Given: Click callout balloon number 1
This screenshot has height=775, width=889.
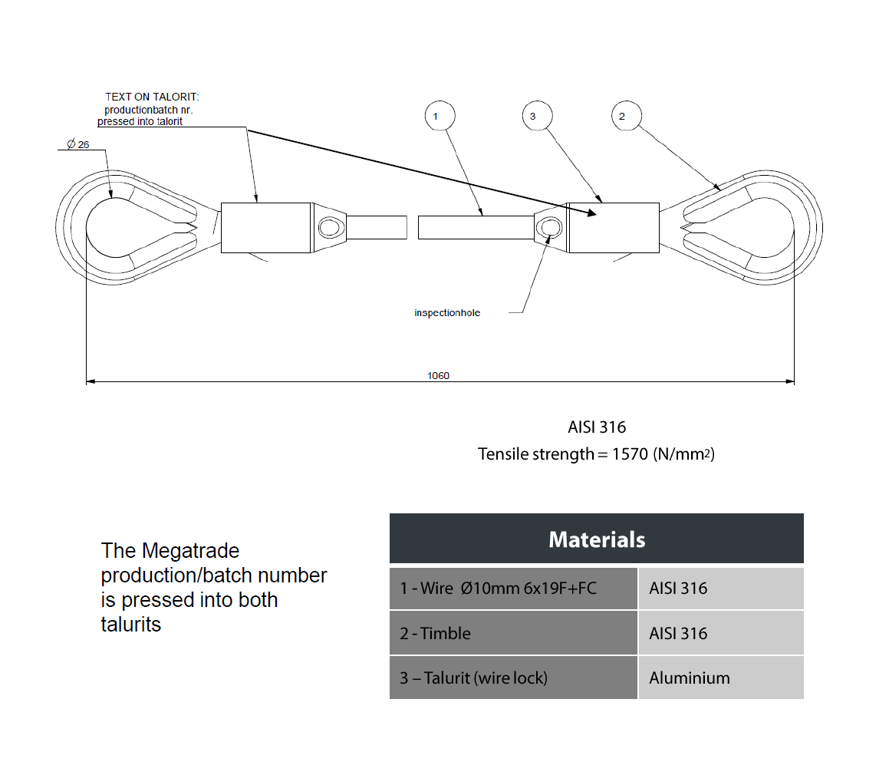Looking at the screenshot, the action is (440, 116).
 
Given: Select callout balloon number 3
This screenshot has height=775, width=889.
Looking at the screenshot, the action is (537, 116).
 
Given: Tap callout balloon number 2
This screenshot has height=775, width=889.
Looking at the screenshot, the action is (627, 116).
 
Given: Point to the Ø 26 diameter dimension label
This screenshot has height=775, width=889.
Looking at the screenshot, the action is (78, 145).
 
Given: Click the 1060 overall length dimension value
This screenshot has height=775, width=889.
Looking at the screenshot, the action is (438, 375).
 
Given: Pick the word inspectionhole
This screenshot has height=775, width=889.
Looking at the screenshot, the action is (447, 312).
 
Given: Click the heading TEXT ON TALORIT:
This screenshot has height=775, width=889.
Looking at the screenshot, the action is (152, 97).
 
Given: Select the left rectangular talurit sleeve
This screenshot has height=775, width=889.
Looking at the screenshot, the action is (266, 227).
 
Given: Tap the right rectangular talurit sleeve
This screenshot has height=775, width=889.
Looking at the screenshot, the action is (614, 227).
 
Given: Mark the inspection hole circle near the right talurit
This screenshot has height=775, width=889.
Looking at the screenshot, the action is (549, 228).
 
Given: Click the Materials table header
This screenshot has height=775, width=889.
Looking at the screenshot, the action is (597, 539).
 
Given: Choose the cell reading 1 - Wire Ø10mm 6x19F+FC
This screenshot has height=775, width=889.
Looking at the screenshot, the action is (513, 589).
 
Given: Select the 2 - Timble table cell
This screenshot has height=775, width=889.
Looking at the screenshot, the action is (513, 633).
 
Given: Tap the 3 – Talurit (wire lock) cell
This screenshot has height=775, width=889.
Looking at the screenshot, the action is (513, 678).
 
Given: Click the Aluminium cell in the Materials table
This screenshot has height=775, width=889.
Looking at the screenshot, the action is (721, 678).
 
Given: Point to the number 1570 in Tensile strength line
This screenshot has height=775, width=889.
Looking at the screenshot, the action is (630, 454).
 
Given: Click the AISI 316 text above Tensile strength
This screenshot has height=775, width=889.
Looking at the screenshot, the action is (597, 427).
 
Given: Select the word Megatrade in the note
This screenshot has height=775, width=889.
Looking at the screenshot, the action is (190, 551).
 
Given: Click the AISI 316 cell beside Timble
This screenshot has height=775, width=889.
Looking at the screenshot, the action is (721, 633).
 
